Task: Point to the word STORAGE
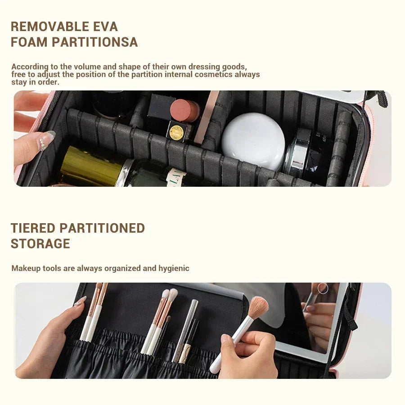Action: click(40, 244)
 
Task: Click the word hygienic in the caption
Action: click(174, 268)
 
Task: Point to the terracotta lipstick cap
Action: click(185, 110)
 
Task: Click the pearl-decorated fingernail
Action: click(45, 140)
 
